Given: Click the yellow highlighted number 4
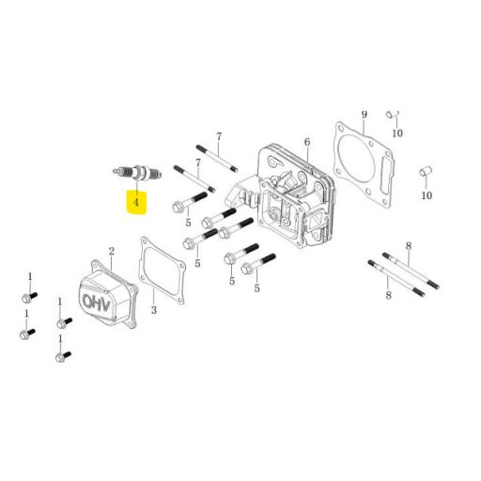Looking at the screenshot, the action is point(136,202).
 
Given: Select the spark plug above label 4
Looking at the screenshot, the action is point(138,172).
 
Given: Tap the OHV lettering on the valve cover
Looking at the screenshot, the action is point(97,303).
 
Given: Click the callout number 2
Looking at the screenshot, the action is point(112,252).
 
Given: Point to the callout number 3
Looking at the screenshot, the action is point(154,310).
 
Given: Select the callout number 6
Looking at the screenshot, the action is point(307,142).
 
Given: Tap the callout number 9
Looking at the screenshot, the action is point(364,115).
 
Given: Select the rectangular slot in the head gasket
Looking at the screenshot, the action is point(385,176).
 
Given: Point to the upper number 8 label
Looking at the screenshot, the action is point(409,246).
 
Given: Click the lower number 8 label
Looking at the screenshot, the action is point(389,295).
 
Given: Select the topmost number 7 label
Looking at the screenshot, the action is point(219,137).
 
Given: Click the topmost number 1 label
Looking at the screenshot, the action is point(30,277).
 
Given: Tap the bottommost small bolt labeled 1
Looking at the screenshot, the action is point(63,356).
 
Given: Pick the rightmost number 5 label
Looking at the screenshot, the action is point(256,288).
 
